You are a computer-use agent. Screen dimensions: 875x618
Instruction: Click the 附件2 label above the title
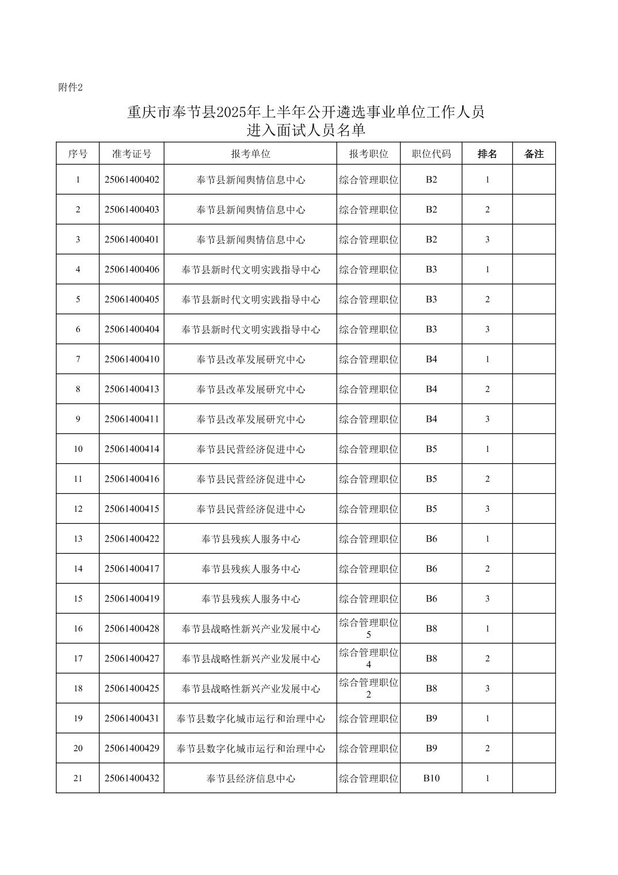tap(71, 87)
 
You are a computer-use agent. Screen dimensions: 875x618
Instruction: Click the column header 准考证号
tap(132, 154)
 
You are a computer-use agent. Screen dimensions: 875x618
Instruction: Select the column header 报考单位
tap(250, 154)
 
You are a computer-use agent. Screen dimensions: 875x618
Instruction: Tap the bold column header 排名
tap(487, 154)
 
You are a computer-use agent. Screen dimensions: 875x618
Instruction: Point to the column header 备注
tap(534, 154)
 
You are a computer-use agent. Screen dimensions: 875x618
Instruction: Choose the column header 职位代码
tap(431, 154)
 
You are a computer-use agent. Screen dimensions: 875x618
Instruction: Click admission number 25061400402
tap(132, 180)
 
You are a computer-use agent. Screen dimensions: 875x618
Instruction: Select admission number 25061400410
tap(132, 359)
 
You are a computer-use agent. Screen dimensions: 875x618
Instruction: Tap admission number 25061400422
tap(132, 539)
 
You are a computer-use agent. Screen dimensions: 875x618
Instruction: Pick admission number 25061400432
tap(132, 778)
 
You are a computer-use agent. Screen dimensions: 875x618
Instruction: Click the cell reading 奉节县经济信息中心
tap(250, 778)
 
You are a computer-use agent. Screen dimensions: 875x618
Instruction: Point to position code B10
tap(431, 778)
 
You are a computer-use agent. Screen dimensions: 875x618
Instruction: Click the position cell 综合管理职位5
tap(368, 629)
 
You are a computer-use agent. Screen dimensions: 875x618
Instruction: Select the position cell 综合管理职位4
tap(368, 659)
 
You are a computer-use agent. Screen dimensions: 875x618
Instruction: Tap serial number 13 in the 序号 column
tap(78, 539)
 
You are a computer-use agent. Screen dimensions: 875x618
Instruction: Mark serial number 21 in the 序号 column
tap(78, 778)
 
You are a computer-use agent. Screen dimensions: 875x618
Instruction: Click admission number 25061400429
tap(132, 748)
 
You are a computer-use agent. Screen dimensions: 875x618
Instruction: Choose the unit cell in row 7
tap(250, 359)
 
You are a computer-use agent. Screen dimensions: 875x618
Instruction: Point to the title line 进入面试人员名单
tap(306, 131)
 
